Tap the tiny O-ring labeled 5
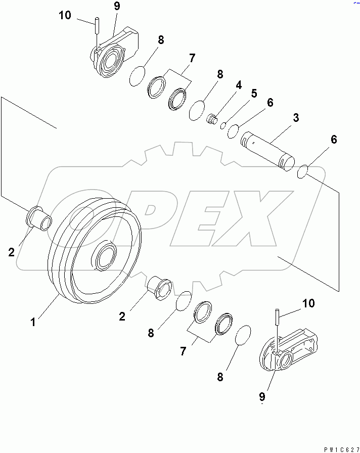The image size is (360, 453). click(223, 125)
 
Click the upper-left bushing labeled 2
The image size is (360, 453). click(38, 217)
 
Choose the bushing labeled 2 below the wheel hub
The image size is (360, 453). click(160, 288)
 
